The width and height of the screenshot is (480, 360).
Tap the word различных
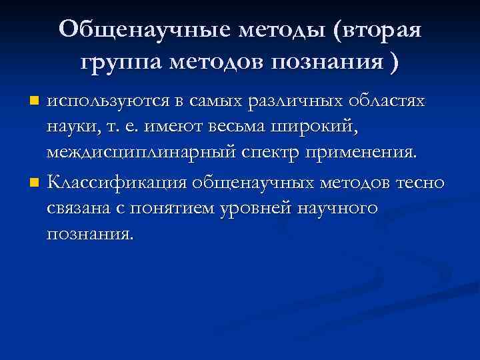tap(299, 101)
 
